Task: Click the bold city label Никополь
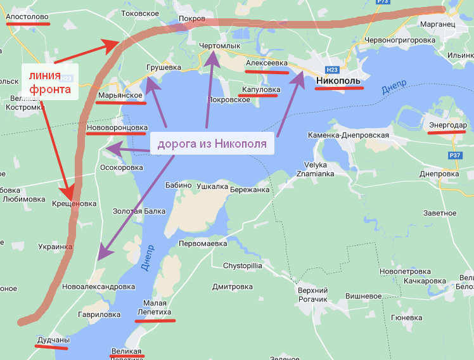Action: (338, 81)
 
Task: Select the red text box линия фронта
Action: (49, 82)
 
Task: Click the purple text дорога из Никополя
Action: (212, 144)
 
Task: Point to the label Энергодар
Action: (447, 125)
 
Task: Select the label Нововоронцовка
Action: (117, 127)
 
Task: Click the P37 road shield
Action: (454, 155)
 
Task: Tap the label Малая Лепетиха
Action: (155, 307)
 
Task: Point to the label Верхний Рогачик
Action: (312, 294)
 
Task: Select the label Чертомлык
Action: (220, 46)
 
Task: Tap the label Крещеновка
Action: (74, 203)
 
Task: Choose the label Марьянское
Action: (120, 95)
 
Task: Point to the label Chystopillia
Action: (242, 266)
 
